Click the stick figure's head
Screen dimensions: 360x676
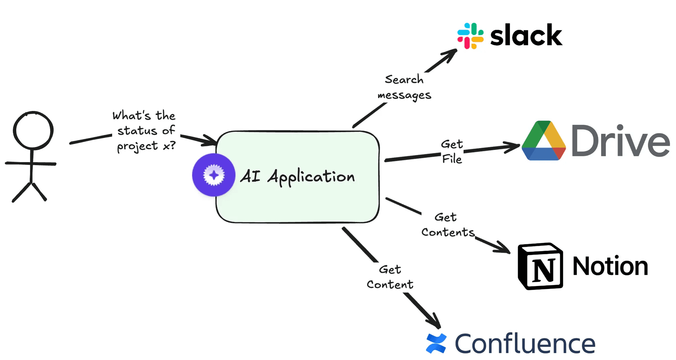[x=33, y=130]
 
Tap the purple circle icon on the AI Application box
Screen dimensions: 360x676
[x=214, y=175]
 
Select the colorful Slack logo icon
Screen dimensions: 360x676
[x=470, y=36]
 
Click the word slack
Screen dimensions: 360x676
[x=526, y=35]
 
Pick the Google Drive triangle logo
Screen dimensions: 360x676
[x=544, y=141]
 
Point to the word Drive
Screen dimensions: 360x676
[x=621, y=141]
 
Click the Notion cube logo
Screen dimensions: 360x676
[x=540, y=266]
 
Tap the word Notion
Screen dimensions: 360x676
[x=610, y=266]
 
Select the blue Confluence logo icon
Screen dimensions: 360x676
[x=436, y=343]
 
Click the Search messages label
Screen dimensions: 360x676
[x=404, y=87]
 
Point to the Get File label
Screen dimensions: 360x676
[x=452, y=152]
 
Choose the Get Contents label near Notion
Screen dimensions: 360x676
[x=448, y=225]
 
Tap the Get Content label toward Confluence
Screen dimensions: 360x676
[x=390, y=277]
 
